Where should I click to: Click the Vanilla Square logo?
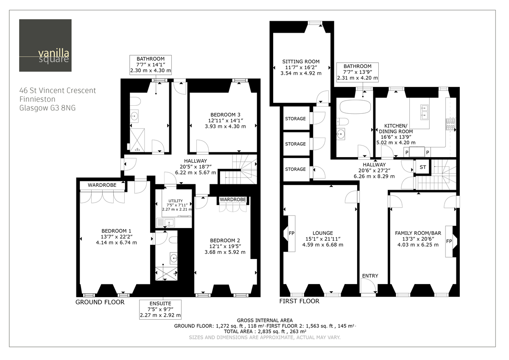(39, 45)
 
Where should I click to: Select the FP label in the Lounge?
(291, 233)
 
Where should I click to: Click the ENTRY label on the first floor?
(370, 276)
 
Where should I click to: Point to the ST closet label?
(422, 167)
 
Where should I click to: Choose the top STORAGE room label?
(295, 118)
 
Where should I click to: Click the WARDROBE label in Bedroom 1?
(101, 185)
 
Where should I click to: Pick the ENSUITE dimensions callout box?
(160, 309)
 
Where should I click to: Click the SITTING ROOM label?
(301, 62)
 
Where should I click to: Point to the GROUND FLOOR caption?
(100, 302)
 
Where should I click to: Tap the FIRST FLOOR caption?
(299, 301)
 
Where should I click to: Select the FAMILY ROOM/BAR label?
(417, 233)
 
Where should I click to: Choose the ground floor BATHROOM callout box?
(151, 65)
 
